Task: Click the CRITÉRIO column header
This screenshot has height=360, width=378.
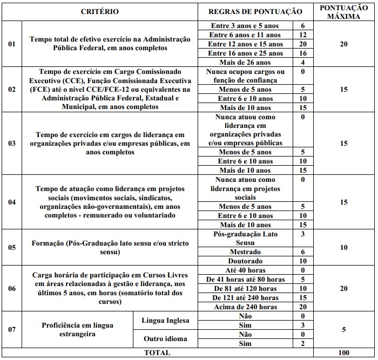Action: click(99, 11)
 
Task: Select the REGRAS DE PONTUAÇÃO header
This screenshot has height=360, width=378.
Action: click(255, 11)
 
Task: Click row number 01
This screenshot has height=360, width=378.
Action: click(11, 44)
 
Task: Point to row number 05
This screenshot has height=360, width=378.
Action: click(11, 247)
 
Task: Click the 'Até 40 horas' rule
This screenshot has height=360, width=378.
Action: click(245, 270)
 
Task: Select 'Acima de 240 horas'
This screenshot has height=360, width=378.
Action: click(245, 307)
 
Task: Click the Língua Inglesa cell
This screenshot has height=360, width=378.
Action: click(165, 321)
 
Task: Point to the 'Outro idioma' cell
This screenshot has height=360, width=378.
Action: click(165, 339)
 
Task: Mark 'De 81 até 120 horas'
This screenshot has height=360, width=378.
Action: click(245, 288)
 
